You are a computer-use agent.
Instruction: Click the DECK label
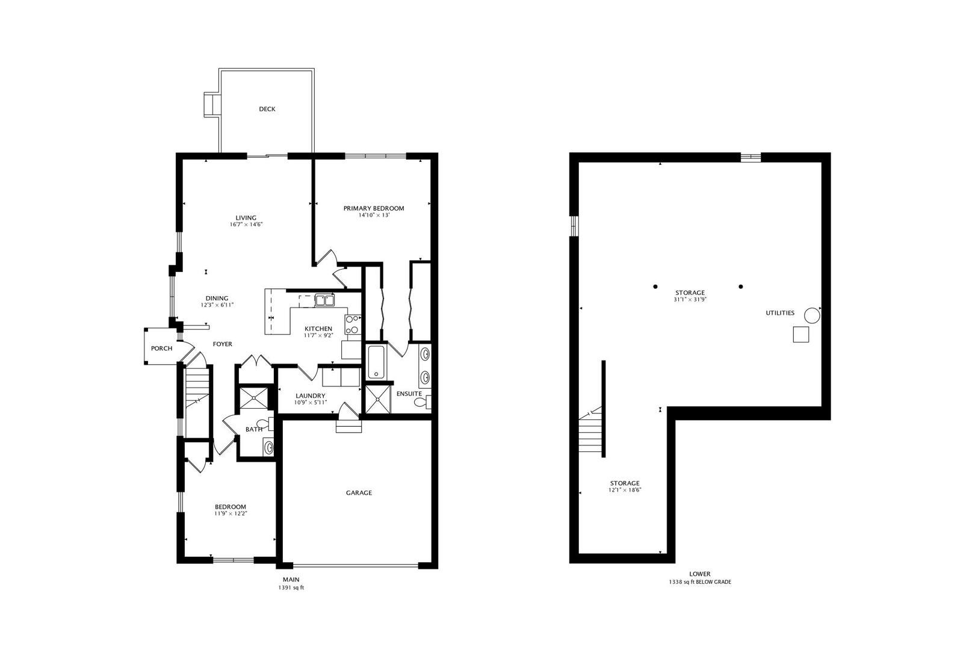click(267, 109)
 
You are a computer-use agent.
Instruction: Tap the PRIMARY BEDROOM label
click(374, 208)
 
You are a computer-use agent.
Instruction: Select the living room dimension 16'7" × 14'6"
click(246, 224)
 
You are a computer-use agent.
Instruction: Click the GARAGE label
click(359, 492)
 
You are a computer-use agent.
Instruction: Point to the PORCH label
click(161, 348)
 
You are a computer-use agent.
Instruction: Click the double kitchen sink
click(325, 300)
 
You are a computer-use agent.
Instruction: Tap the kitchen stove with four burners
click(353, 324)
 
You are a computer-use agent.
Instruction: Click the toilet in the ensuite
click(423, 401)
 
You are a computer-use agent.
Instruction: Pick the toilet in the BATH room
click(265, 424)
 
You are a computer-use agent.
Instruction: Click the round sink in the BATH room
click(268, 447)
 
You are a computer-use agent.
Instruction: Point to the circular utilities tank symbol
click(811, 315)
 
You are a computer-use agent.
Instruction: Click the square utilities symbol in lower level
click(800, 335)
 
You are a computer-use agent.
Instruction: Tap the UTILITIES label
click(779, 312)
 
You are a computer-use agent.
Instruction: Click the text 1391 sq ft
click(291, 587)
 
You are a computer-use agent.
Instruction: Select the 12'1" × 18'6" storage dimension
click(625, 490)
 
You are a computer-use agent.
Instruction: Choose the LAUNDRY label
click(311, 396)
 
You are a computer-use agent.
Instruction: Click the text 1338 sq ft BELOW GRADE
click(699, 581)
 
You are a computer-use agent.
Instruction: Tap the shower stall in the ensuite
click(378, 399)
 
